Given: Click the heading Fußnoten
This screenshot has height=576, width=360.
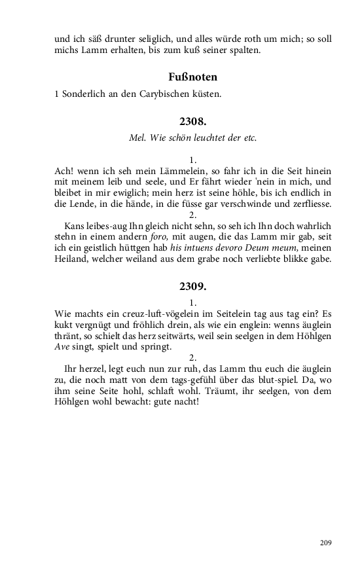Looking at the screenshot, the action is pos(192,77).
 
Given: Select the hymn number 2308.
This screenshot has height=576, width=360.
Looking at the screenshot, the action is pos(192,121).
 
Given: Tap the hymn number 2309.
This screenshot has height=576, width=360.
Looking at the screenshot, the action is pos(192,287).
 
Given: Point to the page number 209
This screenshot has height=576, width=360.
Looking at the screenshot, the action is pos(325,543).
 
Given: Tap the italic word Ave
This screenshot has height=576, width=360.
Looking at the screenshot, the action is pos(62,347).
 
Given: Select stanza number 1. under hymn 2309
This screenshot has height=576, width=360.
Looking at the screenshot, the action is pos(192,302).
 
